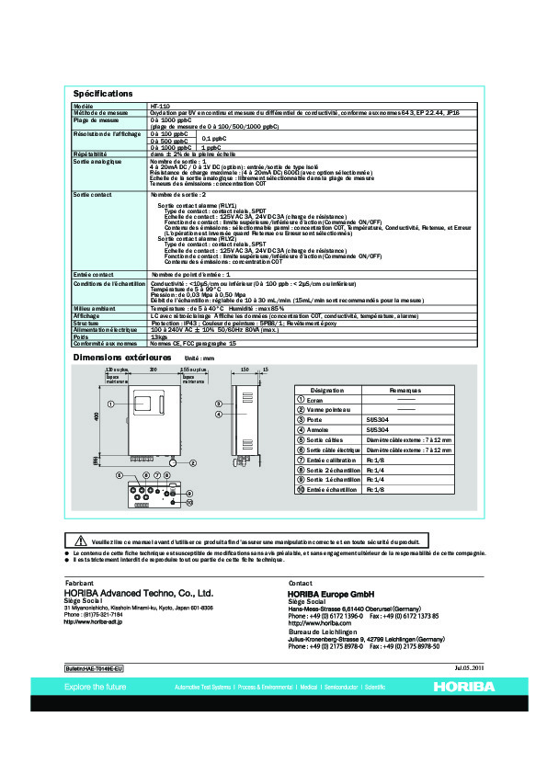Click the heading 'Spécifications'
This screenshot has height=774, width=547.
pyautogui.click(x=103, y=94)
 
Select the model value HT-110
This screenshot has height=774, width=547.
pyautogui.click(x=159, y=107)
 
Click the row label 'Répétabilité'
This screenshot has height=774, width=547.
pyautogui.click(x=90, y=153)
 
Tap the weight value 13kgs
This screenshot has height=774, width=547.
pyautogui.click(x=158, y=336)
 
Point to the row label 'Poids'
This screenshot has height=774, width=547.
pyautogui.click(x=81, y=336)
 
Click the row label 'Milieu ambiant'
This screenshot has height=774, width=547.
pyautogui.click(x=92, y=308)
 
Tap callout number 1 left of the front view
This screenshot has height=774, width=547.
pyautogui.click(x=110, y=404)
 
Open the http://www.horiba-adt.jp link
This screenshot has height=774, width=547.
pyautogui.click(x=93, y=622)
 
